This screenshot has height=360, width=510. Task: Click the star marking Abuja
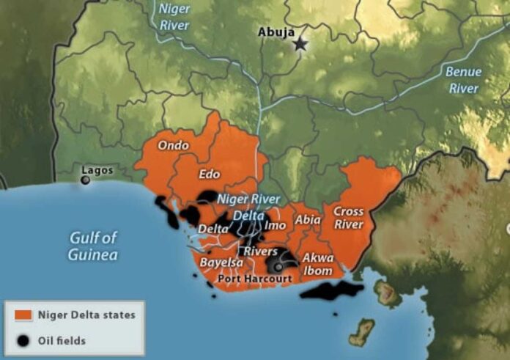click(x=300, y=45)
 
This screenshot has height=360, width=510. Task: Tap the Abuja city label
click(x=276, y=32)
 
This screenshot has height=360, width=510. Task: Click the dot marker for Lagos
click(x=86, y=180)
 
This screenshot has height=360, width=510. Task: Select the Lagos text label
click(x=97, y=170)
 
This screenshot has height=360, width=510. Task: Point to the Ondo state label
click(x=173, y=145)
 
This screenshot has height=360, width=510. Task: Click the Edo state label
click(x=210, y=175)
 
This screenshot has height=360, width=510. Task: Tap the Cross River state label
click(x=348, y=218)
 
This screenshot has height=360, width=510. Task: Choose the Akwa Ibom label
click(x=318, y=265)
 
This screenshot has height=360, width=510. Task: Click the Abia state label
click(x=307, y=219)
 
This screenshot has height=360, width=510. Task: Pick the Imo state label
click(x=275, y=226)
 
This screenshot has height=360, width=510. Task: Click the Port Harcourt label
click(x=255, y=279)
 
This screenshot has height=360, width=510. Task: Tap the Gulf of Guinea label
click(x=92, y=246)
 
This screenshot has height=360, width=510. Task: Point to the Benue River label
click(x=464, y=80)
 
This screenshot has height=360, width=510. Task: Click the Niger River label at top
click(x=174, y=17)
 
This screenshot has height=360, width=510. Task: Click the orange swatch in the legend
click(x=24, y=316)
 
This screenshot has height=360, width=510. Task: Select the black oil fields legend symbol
click(x=24, y=340)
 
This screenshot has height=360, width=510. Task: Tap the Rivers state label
click(x=260, y=251)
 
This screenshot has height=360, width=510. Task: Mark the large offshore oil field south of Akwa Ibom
click(x=330, y=290)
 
